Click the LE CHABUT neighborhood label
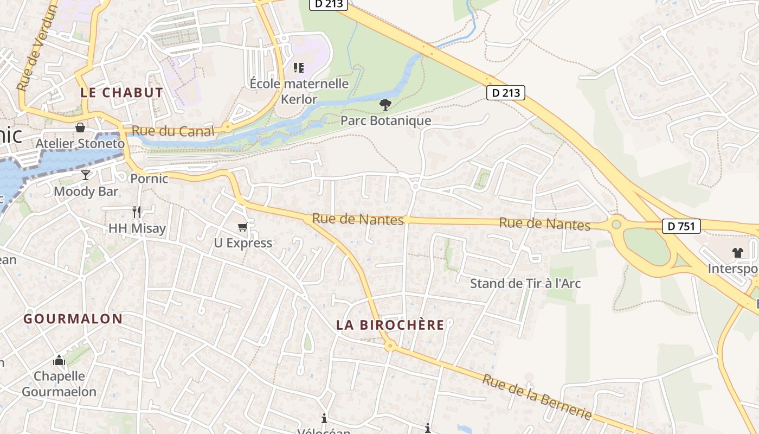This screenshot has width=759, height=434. click(121, 92)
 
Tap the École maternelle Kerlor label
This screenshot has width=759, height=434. click(299, 91)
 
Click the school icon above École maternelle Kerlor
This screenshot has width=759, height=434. click(299, 68)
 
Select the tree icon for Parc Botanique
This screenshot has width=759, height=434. click(385, 104)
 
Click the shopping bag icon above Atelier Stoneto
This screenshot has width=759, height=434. click(80, 127)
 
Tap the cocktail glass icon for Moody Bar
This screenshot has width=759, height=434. click(86, 175)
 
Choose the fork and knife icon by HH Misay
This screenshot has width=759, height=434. click(137, 212)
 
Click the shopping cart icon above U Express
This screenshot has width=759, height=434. click(242, 227)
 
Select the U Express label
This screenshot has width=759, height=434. click(243, 242)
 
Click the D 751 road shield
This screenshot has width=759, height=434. click(681, 226)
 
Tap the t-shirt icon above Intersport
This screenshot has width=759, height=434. click(737, 252)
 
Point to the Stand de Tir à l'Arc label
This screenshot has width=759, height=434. click(525, 283)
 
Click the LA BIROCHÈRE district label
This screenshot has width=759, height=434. click(390, 325)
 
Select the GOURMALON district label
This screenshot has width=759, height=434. click(73, 318)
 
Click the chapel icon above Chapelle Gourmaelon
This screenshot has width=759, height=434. click(59, 360)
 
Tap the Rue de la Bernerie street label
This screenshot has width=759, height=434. click(537, 397)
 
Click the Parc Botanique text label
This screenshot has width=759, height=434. click(385, 120)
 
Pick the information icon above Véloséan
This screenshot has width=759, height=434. click(324, 418)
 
